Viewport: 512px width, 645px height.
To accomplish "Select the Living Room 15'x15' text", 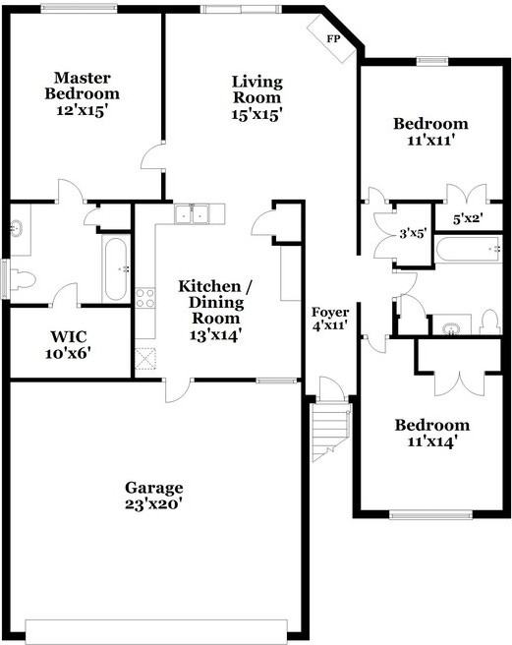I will (x=257, y=97).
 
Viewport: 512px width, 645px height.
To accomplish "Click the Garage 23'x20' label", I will (x=154, y=496).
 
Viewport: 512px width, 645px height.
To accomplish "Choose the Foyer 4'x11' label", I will (x=330, y=319).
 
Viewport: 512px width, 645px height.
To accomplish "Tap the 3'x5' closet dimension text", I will (x=413, y=234).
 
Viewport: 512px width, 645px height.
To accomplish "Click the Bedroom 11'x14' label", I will (x=431, y=433).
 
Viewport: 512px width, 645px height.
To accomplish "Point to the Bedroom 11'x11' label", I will (x=430, y=132).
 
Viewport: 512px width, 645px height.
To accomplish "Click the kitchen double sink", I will (x=193, y=213).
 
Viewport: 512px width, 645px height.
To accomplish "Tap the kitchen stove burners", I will (x=145, y=297).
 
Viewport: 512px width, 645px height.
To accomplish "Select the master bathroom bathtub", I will (x=115, y=268).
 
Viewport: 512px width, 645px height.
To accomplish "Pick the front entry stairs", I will (x=332, y=430).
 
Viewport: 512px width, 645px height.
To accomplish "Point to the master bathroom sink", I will (x=17, y=228).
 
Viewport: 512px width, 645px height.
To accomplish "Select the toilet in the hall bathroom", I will (x=490, y=322).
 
